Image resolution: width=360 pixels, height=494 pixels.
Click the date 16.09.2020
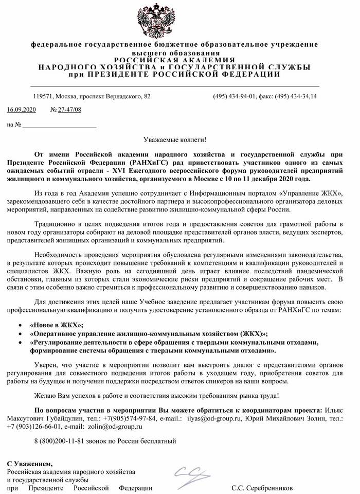click(22, 110)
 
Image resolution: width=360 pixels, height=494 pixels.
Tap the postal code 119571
click(43, 96)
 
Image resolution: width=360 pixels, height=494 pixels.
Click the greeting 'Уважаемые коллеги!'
click(174, 140)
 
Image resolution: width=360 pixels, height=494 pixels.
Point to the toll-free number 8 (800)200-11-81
click(56, 441)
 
